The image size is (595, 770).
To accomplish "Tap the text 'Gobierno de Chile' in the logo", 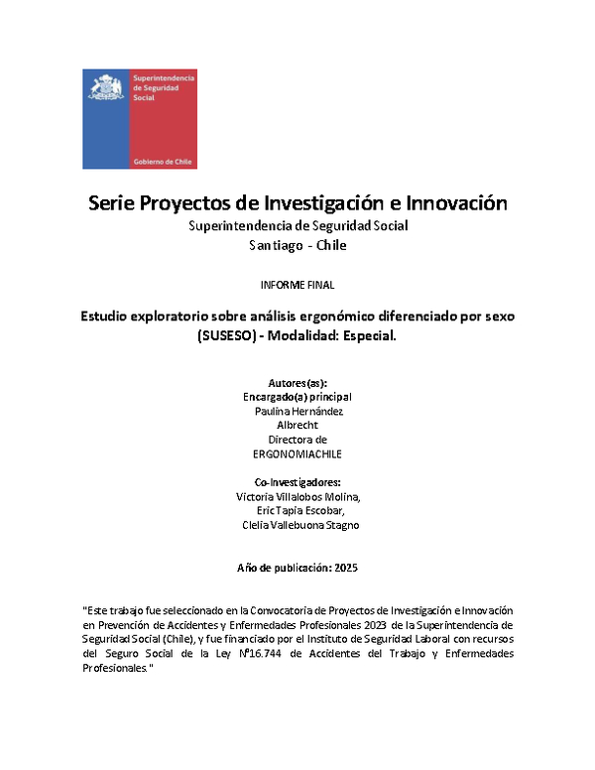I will (x=162, y=160).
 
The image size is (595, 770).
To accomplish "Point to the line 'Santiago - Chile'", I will (x=297, y=245).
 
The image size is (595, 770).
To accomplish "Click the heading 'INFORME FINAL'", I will (x=297, y=285).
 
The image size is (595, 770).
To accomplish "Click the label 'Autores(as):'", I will (x=297, y=382).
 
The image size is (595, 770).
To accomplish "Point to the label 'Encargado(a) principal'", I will (x=297, y=396).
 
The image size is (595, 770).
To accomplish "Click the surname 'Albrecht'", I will (x=297, y=424).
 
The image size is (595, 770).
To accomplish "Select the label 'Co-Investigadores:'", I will (x=297, y=483).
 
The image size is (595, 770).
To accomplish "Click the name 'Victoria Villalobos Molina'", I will (x=297, y=497).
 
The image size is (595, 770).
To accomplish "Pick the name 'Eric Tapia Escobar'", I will (x=297, y=511).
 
